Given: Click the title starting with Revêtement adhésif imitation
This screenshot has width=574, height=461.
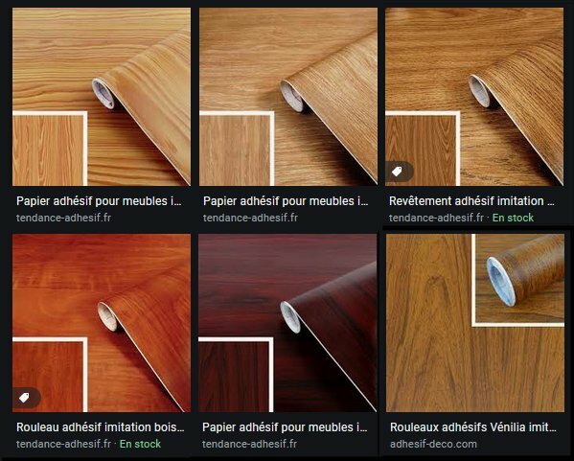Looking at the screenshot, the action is (x=471, y=201).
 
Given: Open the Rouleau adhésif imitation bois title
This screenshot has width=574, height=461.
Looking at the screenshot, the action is (x=100, y=427).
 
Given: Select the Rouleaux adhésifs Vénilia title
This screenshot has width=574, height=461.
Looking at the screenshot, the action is (x=473, y=427).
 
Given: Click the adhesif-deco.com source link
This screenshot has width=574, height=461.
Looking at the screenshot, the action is (x=433, y=444).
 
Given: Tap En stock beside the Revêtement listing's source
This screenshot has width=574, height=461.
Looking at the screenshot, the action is (x=513, y=218).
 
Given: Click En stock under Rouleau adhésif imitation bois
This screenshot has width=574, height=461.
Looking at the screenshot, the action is (x=140, y=444).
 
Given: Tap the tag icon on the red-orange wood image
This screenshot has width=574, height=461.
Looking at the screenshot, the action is (x=24, y=398).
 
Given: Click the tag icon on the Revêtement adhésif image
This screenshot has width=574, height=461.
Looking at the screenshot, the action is (x=397, y=171).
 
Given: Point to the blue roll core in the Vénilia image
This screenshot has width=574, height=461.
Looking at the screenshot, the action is (x=500, y=281).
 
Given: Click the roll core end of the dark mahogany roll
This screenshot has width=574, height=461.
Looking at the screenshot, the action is (x=290, y=317).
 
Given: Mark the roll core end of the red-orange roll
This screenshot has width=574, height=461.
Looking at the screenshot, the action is (x=107, y=316).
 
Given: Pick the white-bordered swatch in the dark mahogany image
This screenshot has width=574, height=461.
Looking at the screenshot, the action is (x=236, y=375).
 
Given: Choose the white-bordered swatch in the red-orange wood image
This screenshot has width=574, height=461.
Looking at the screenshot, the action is (x=50, y=375).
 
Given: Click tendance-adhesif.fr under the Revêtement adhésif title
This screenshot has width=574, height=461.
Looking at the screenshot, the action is (x=436, y=218).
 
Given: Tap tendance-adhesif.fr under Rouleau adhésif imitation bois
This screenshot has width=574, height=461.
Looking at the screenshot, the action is (x=63, y=444).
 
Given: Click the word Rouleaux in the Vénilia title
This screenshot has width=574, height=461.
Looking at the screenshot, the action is (x=414, y=427).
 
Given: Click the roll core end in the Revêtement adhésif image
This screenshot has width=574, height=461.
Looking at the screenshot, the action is (x=479, y=91).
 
